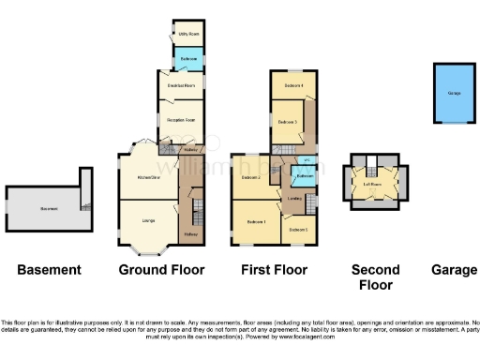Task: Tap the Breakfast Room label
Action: [181, 86]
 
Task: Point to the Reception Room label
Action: [181, 120]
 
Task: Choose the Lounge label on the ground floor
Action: [147, 221]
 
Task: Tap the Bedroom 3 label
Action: [288, 122]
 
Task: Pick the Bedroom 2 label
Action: [251, 177]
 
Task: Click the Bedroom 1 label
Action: [256, 221]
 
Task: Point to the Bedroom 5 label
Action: [297, 230]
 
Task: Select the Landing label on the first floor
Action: [294, 198]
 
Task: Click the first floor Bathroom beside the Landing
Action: [305, 176]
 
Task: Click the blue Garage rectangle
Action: [454, 94]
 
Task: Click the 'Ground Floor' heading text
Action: [161, 270]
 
